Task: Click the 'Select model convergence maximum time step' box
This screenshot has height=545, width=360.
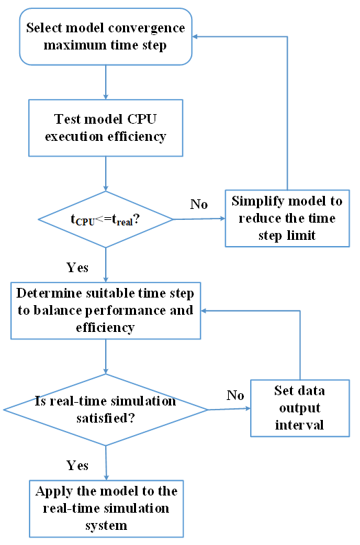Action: pyautogui.click(x=105, y=37)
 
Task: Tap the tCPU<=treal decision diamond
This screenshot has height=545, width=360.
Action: pyautogui.click(x=105, y=220)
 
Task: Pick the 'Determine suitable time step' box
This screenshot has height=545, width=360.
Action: pyautogui.click(x=105, y=309)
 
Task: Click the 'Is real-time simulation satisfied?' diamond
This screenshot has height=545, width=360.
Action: pyautogui.click(x=105, y=410)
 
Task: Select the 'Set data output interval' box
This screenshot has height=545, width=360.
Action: pyautogui.click(x=299, y=408)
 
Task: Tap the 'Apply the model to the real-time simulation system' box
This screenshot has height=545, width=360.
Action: pyautogui.click(x=105, y=508)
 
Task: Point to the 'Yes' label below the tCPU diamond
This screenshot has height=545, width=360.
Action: pyautogui.click(x=77, y=267)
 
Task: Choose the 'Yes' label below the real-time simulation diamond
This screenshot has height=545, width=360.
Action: pyautogui.click(x=77, y=465)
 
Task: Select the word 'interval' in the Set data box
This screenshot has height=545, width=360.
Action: pyautogui.click(x=299, y=425)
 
